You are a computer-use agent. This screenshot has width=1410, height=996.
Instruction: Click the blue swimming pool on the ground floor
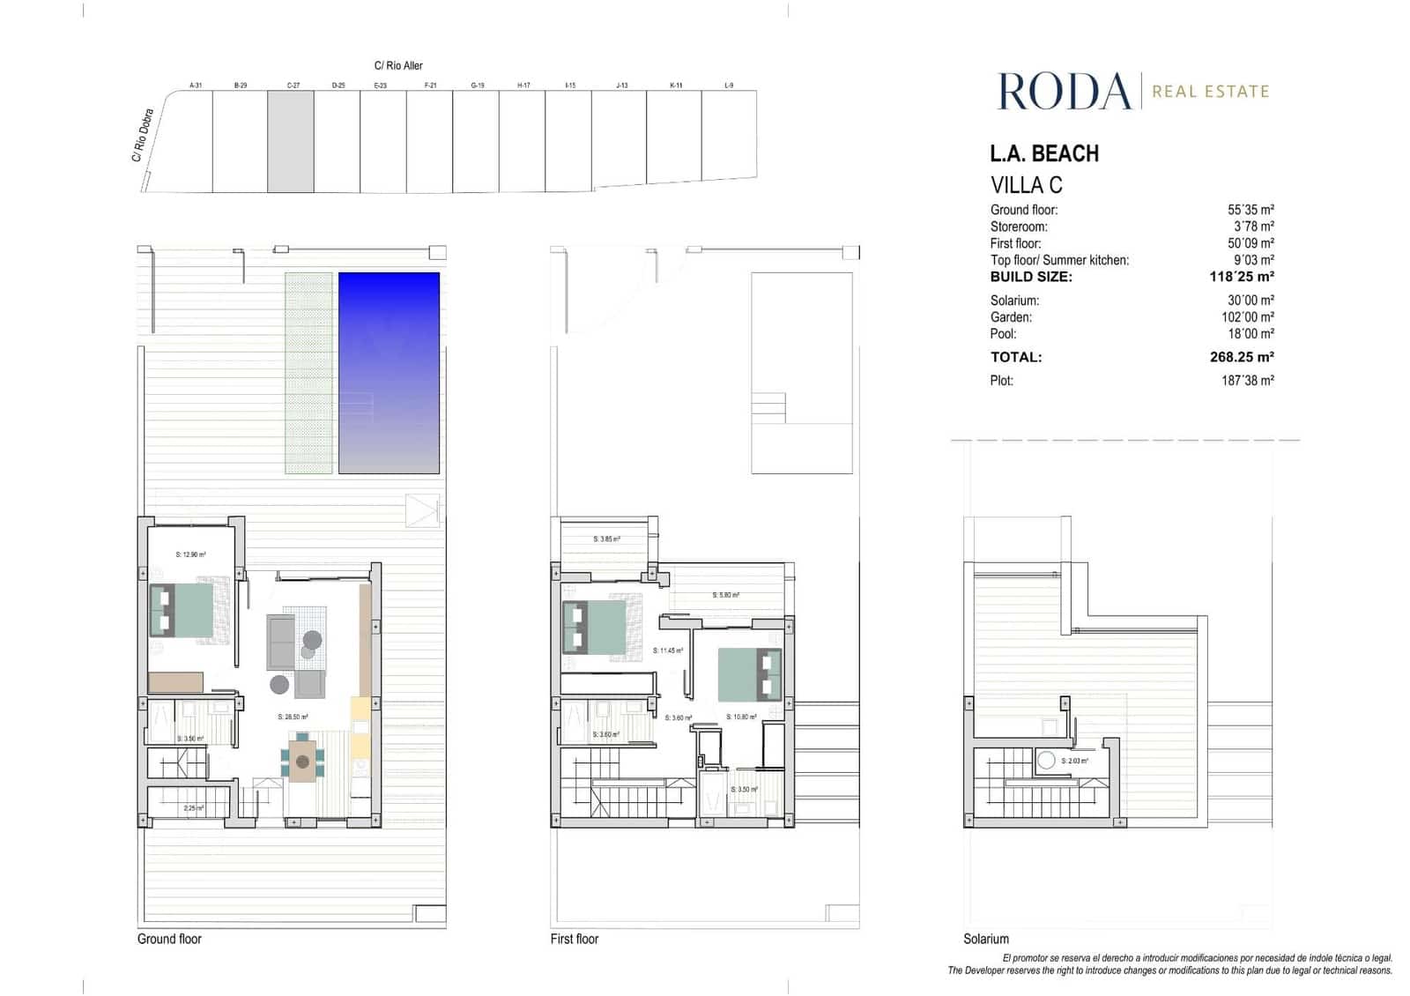(389, 372)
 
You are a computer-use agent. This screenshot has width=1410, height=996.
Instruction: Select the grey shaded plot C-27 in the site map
(291, 141)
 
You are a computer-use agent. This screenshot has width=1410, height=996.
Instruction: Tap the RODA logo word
(1064, 92)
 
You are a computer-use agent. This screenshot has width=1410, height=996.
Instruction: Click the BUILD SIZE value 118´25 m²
(1242, 277)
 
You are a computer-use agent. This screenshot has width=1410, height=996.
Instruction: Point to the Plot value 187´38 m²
(1247, 381)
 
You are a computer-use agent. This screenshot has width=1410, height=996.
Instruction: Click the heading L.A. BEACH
(1044, 154)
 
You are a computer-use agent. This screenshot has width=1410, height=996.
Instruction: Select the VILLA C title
(1027, 186)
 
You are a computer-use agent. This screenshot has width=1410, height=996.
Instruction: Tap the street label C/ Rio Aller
(398, 65)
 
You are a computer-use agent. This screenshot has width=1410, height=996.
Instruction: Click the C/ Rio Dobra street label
(143, 136)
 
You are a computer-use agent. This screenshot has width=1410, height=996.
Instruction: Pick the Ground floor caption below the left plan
(169, 939)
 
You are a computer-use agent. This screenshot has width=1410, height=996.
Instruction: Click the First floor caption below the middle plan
(574, 939)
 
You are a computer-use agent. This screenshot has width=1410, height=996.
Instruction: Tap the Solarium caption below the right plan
(985, 939)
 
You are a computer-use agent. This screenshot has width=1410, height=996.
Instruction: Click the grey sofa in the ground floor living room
(281, 643)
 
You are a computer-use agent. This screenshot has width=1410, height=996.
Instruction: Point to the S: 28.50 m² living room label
(293, 717)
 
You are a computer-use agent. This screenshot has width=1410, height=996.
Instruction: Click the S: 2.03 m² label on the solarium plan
(1074, 761)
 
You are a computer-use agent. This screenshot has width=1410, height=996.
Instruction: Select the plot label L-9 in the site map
(729, 85)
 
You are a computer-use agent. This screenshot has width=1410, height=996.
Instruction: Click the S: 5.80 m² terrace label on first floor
(726, 595)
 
